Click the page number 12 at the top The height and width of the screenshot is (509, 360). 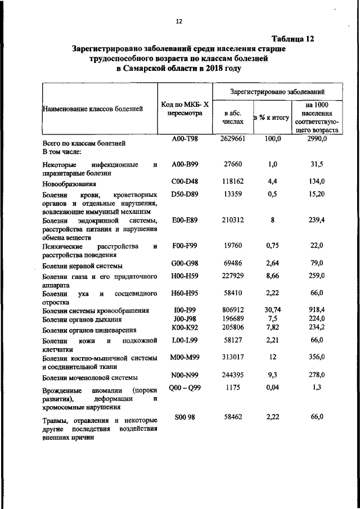pyautogui.click(x=179, y=21)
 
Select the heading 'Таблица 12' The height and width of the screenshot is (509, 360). pyautogui.click(x=292, y=39)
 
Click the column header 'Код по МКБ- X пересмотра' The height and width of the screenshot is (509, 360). pyautogui.click(x=184, y=109)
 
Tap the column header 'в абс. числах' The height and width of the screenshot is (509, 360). pyautogui.click(x=233, y=117)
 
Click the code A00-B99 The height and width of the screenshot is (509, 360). pyautogui.click(x=184, y=164)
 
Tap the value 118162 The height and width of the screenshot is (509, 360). pyautogui.click(x=233, y=181)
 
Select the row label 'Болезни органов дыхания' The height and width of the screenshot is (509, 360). pyautogui.click(x=82, y=320)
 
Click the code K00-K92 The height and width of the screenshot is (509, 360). pyautogui.click(x=184, y=329)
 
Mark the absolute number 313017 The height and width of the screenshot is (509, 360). pyautogui.click(x=233, y=357)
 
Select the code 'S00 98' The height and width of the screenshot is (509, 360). pyautogui.click(x=184, y=417)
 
